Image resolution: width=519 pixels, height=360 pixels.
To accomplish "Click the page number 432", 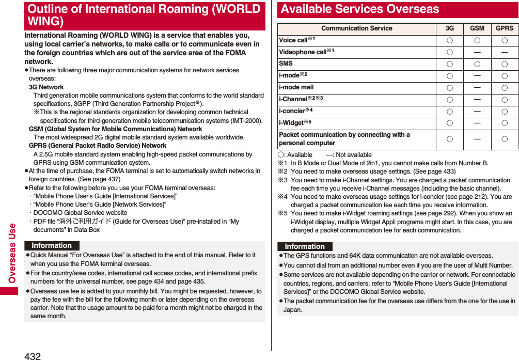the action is point(32,355).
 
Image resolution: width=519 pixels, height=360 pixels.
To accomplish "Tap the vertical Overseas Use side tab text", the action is point(12,254).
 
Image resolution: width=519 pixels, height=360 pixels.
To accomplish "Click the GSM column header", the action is point(477,28).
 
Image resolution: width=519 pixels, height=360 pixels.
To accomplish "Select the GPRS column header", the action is point(505,28).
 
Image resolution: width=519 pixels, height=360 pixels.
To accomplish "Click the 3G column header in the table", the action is point(450,28).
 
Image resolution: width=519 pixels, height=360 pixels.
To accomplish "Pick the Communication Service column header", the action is point(356,28).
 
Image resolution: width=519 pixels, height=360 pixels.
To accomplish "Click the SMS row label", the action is point(286,64).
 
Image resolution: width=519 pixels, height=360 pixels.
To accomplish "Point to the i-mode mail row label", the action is point(296,87).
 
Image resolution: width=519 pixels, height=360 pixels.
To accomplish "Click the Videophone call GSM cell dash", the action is point(477,52).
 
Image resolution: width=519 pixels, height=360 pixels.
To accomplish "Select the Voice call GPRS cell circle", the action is point(505,40).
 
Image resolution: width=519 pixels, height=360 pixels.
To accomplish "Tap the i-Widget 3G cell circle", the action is point(450,123).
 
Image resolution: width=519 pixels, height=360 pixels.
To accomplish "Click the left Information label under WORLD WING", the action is point(52,246).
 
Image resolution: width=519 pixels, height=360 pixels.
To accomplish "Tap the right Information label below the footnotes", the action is point(305,246).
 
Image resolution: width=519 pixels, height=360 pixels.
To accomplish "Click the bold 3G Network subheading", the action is point(46,87).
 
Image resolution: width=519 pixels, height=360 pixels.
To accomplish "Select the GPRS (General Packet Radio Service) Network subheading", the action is point(97,146).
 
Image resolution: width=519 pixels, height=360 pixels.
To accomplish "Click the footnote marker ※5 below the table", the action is point(282,213).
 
